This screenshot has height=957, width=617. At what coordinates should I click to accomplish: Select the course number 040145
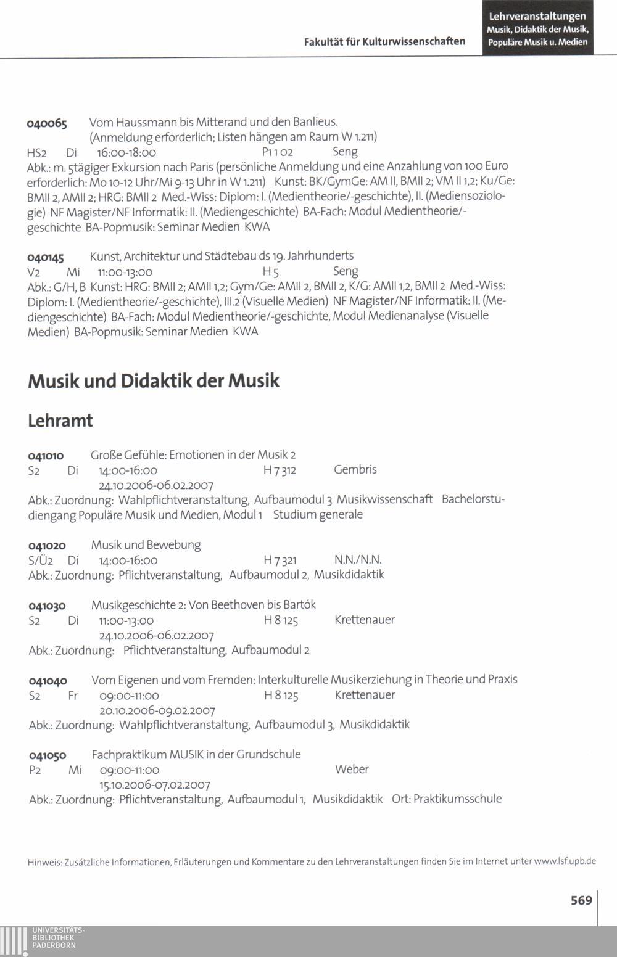pos(46,257)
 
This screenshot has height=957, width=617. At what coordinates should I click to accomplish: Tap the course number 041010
pos(46,456)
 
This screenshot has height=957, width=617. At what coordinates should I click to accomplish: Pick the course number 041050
pos(48,755)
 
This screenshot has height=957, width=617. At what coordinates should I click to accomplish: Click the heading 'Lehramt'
pos(60,421)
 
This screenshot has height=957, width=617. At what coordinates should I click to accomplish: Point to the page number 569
pos(581,900)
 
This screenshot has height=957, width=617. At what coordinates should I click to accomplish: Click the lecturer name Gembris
pos(355,470)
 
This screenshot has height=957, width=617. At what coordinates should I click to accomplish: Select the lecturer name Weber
pos(352,770)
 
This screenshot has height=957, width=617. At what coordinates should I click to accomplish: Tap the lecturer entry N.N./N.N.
pos(358,560)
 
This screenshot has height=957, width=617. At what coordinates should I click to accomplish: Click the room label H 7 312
pos(280,470)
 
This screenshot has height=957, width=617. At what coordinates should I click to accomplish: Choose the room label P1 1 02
pos(277,152)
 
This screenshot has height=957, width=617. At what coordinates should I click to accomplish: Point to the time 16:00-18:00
pos(126,152)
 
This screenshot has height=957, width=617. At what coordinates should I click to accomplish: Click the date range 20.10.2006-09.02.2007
pos(157,710)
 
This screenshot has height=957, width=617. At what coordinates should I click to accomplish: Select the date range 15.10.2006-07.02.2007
pos(155,786)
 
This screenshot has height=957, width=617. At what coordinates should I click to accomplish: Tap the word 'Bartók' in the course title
pos(299,605)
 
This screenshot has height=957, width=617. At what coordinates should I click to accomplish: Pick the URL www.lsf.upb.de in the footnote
pos(565,861)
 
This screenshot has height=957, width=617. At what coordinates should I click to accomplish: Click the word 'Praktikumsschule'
pos(457,799)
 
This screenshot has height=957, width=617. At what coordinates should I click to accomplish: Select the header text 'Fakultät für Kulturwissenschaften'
pos(384,41)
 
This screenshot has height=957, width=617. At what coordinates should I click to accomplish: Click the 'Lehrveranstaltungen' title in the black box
pos(537,17)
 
